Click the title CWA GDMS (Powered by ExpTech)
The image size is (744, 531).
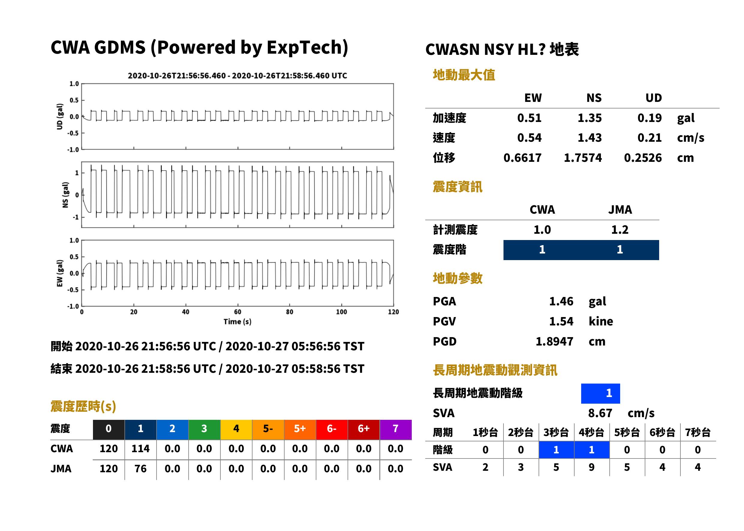(199, 47)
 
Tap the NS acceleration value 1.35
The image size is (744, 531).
(589, 118)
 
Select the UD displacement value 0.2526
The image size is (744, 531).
(643, 158)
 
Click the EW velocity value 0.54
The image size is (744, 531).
(529, 138)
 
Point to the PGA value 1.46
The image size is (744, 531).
(561, 301)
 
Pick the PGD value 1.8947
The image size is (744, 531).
(554, 341)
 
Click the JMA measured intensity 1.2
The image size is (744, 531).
(620, 230)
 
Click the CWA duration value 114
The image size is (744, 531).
(140, 449)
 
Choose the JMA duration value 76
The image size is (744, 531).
(140, 469)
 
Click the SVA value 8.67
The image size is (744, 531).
(600, 413)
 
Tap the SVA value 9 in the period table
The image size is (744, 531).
(592, 467)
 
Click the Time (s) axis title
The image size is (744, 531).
(238, 322)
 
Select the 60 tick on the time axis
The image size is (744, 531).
(238, 312)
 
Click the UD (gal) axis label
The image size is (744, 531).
(60, 116)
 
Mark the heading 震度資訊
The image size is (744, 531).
(457, 187)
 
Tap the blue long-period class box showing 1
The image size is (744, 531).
(600, 393)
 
